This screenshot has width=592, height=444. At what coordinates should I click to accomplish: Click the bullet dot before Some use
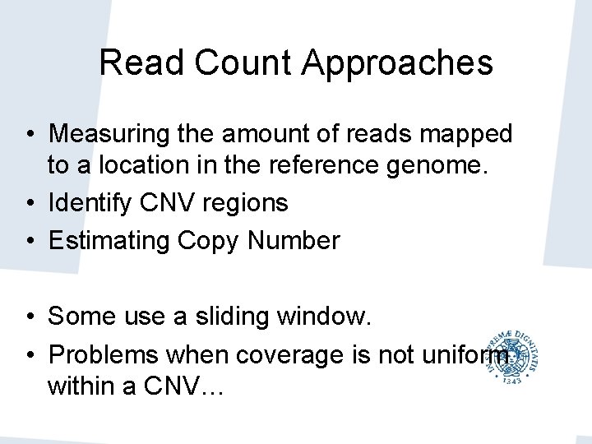pos(29,317)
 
